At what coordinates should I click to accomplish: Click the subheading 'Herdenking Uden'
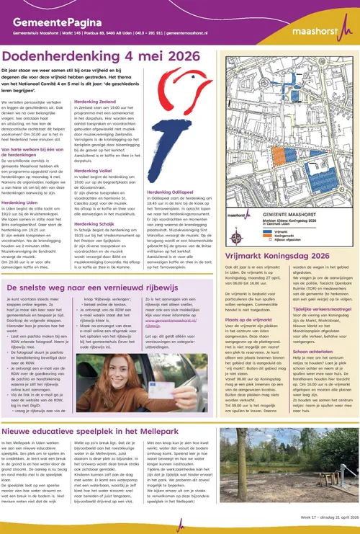pos(25,203)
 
